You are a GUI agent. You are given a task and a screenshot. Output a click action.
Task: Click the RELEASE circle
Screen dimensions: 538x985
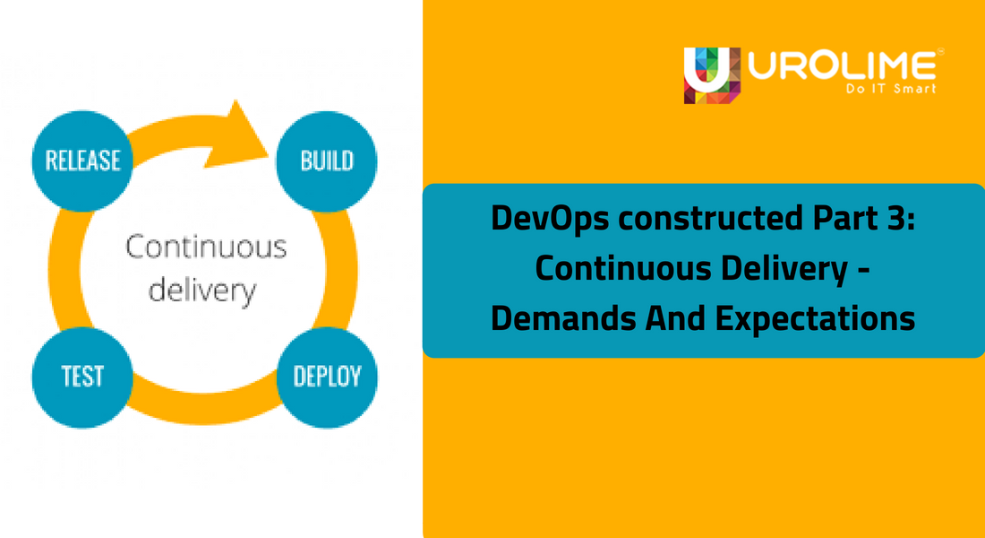click(x=82, y=161)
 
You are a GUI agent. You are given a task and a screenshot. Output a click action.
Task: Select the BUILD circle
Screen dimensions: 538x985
click(x=327, y=161)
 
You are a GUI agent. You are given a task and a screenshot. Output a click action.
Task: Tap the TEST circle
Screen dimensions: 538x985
click(x=82, y=377)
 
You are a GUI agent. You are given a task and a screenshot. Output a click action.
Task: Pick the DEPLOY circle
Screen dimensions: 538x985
click(x=327, y=377)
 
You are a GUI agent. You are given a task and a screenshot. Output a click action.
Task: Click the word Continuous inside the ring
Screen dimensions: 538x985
click(x=206, y=247)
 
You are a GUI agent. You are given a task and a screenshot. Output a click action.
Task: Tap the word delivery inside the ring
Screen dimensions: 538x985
click(x=201, y=291)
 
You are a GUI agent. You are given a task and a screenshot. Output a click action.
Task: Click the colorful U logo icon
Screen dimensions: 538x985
click(x=712, y=74)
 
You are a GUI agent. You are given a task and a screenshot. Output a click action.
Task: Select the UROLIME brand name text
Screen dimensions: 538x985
click(x=842, y=65)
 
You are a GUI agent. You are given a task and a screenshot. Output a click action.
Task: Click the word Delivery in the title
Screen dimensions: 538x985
click(x=781, y=269)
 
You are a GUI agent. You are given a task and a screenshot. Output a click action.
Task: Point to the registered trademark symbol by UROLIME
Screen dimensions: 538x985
click(x=939, y=51)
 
